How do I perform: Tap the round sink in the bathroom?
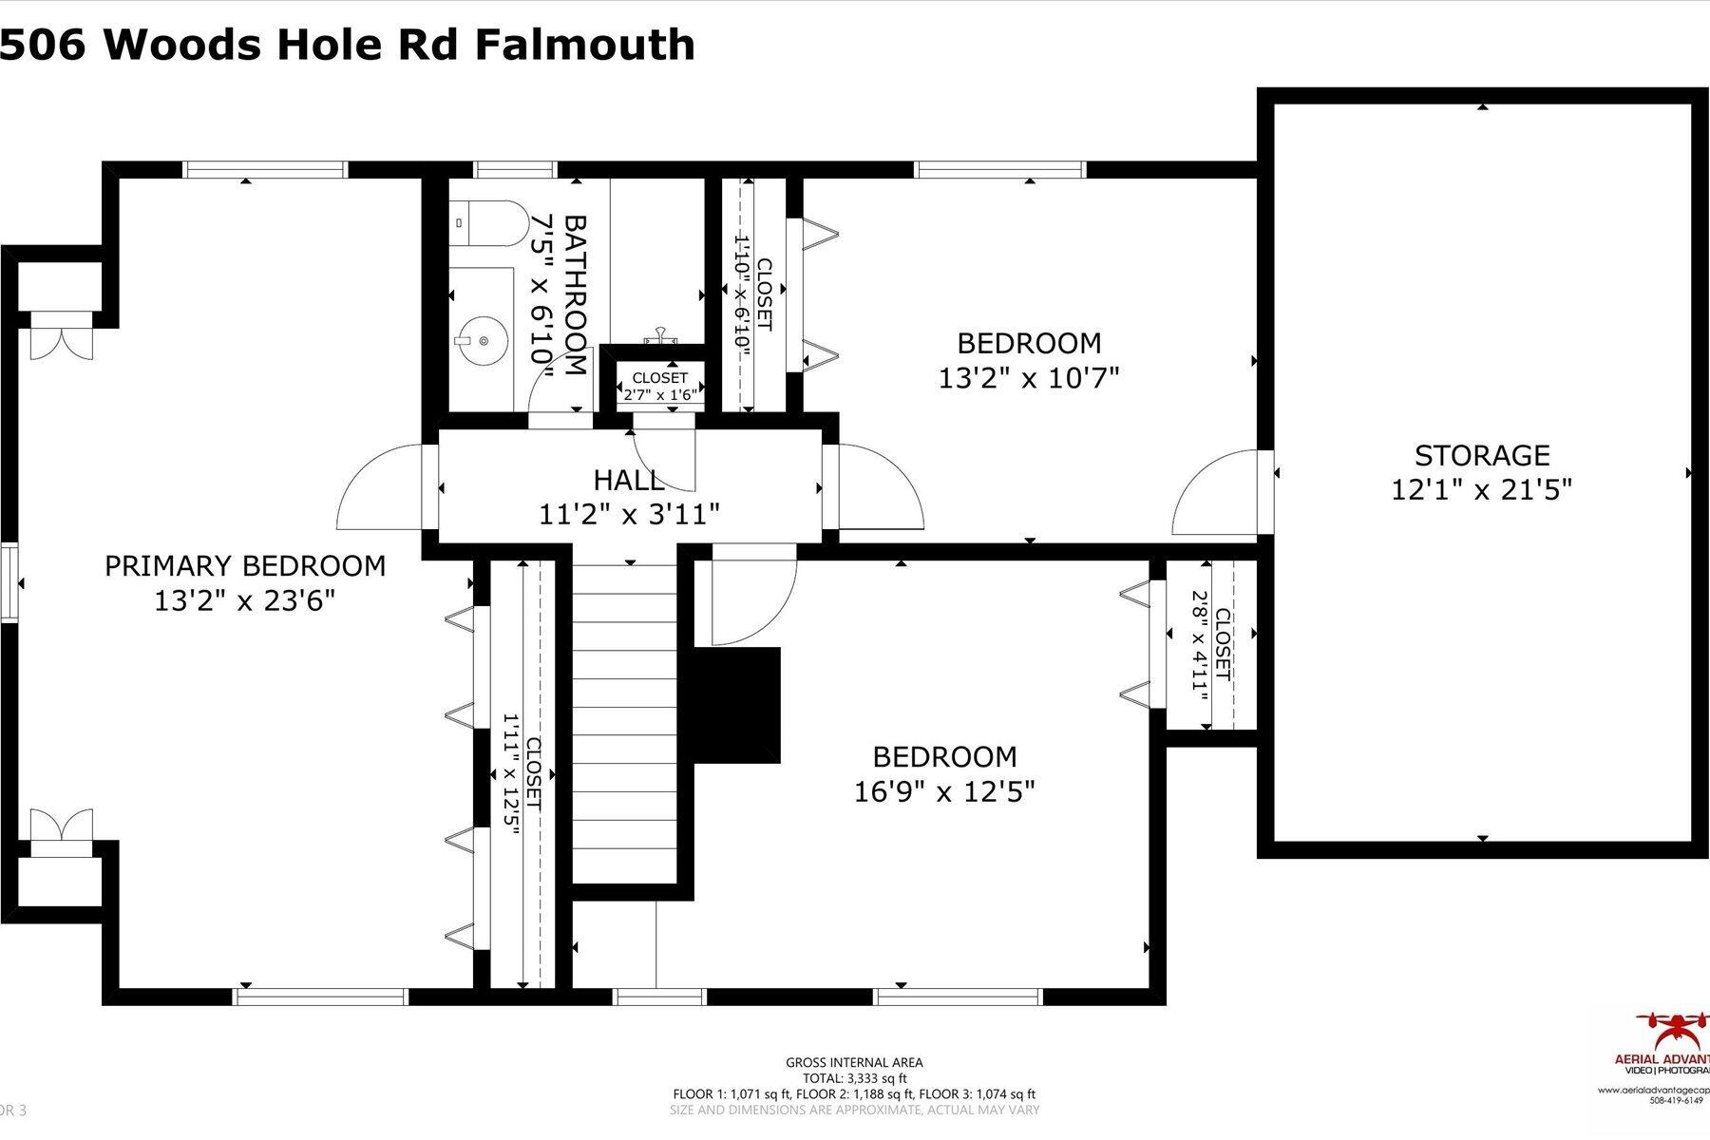click(x=482, y=339)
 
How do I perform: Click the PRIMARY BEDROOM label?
click(x=245, y=566)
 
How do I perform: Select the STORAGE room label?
click(x=1482, y=456)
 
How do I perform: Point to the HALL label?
click(x=628, y=480)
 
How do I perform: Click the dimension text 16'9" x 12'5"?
click(x=943, y=791)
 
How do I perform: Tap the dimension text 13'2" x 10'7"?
click(x=1029, y=378)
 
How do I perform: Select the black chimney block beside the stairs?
click(x=737, y=705)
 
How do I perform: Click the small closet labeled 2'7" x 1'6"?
click(x=660, y=387)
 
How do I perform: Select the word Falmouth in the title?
click(x=584, y=45)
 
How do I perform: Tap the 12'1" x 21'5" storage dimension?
click(x=1482, y=490)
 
